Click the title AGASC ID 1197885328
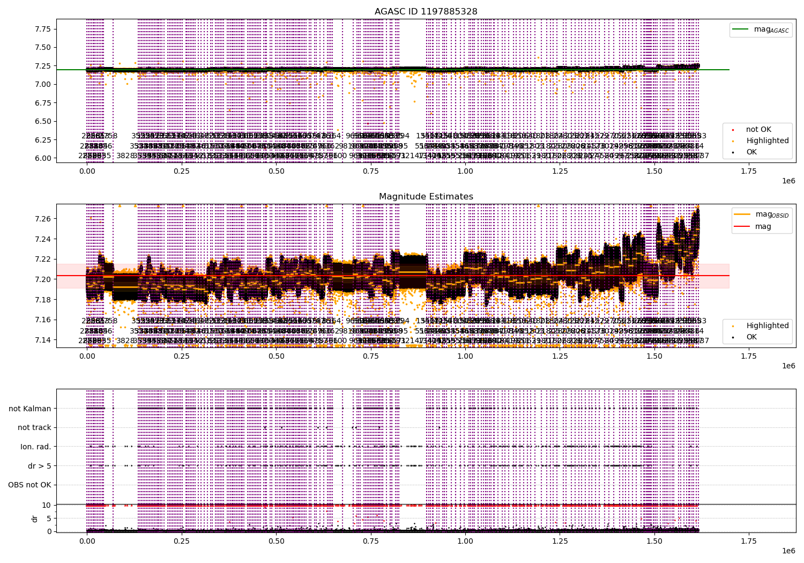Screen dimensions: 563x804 coord(426,11)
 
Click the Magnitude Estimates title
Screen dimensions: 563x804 coord(426,197)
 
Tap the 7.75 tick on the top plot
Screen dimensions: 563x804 coord(42,29)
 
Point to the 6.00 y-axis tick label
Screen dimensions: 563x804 coord(42,158)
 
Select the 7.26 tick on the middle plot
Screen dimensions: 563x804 coord(42,219)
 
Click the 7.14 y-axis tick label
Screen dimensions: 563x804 coord(42,340)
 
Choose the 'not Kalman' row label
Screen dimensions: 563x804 coord(30,409)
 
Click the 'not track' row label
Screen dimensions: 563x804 coord(34,428)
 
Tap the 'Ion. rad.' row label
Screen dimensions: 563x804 coord(36,447)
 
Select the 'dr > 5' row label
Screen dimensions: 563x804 coord(40,466)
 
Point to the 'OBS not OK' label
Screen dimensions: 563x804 coord(29,485)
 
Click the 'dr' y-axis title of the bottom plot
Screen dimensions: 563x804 coord(34,518)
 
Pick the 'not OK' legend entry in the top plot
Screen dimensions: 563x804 coord(758,129)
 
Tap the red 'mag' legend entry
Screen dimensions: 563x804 coord(763,226)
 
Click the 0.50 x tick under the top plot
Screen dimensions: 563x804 coord(276,171)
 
